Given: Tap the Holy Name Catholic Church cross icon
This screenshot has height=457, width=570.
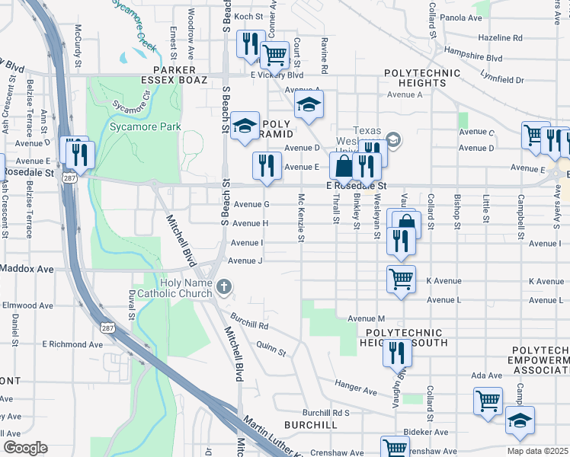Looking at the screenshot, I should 223,287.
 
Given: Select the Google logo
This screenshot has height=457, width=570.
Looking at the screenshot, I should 25,448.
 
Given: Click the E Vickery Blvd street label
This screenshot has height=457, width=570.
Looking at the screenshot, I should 277,75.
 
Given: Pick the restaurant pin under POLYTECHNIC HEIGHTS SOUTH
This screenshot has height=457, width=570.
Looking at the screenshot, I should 396,352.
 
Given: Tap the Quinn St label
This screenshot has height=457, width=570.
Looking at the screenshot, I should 271,349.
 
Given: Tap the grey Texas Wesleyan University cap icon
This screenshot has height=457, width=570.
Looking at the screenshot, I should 393,139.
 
